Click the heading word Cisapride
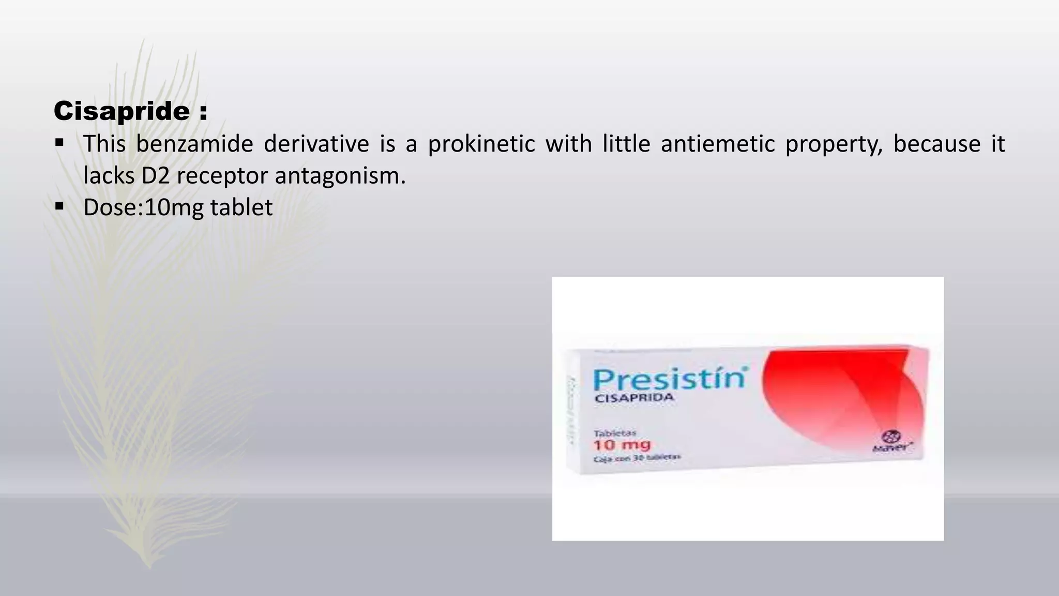point(122,111)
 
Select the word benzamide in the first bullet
point(194,144)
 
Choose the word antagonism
point(340,176)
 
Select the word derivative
point(316,144)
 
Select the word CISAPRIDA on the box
point(634,398)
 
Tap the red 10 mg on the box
point(622,445)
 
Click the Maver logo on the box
point(891,442)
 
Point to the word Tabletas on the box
point(614,433)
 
